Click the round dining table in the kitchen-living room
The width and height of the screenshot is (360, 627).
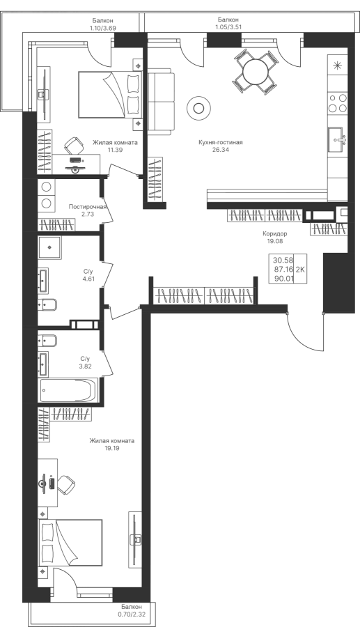[x=256, y=71]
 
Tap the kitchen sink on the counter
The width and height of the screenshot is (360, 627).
[x=338, y=139]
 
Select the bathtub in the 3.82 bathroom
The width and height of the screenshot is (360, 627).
[x=69, y=390]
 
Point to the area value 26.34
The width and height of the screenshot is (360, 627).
[x=221, y=150]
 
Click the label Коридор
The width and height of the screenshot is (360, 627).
[x=274, y=234]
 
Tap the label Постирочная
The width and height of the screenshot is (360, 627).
[x=88, y=207]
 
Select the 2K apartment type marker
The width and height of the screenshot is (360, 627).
[x=300, y=269]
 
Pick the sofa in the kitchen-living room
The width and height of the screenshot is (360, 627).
[x=160, y=102]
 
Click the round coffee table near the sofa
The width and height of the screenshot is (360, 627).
[x=198, y=107]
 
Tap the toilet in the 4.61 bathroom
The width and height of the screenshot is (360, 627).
[x=47, y=305]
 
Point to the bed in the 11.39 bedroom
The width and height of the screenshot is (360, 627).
[x=110, y=95]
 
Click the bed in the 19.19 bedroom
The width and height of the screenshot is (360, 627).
[x=70, y=543]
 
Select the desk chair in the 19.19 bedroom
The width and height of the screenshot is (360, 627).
[x=66, y=484]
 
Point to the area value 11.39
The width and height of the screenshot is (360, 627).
[x=115, y=150]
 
